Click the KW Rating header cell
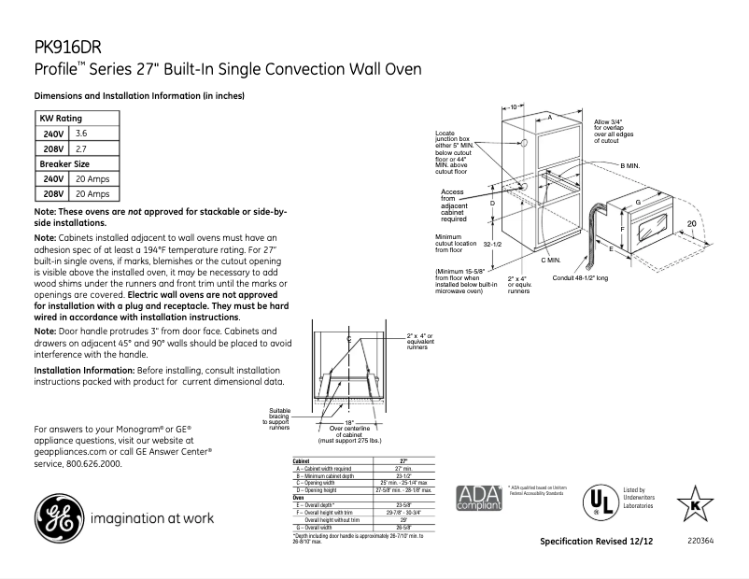pyautogui.click(x=60, y=119)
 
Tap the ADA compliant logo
pyautogui.click(x=477, y=498)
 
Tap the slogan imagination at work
pyautogui.click(x=151, y=517)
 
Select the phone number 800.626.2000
pyautogui.click(x=92, y=464)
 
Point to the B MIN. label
pyautogui.click(x=631, y=164)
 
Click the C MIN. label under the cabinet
pyautogui.click(x=550, y=259)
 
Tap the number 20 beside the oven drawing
pyautogui.click(x=691, y=224)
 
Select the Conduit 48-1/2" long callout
pyautogui.click(x=594, y=278)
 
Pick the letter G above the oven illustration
pyautogui.click(x=637, y=202)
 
